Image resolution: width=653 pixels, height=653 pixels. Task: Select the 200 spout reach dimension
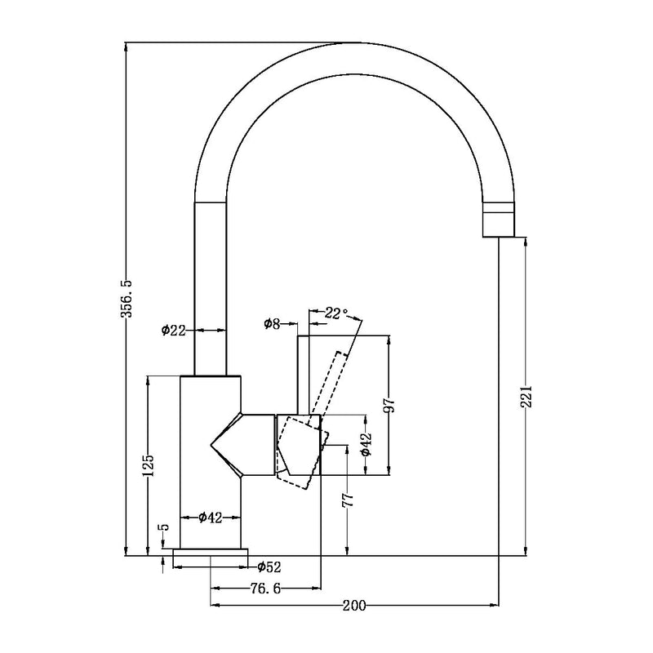click(x=353, y=606)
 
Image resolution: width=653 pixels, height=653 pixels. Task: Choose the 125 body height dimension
click(x=148, y=464)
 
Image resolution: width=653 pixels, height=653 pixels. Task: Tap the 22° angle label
click(x=336, y=313)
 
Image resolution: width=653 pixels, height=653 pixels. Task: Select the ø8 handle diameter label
click(x=272, y=324)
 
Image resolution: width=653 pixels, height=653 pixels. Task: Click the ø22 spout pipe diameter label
click(x=173, y=330)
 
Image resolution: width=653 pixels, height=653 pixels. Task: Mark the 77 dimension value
click(x=347, y=499)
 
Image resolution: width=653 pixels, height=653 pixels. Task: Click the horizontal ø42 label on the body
click(x=211, y=518)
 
